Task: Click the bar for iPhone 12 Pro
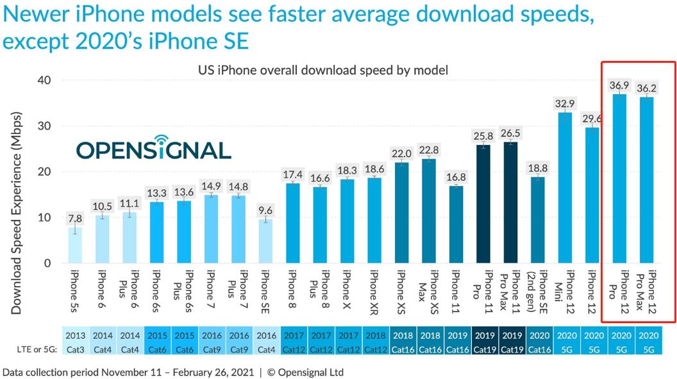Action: (x=619, y=179)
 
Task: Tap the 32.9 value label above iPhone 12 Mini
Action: (x=565, y=103)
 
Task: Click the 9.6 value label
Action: (x=265, y=209)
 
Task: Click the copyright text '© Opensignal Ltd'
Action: (x=306, y=372)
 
